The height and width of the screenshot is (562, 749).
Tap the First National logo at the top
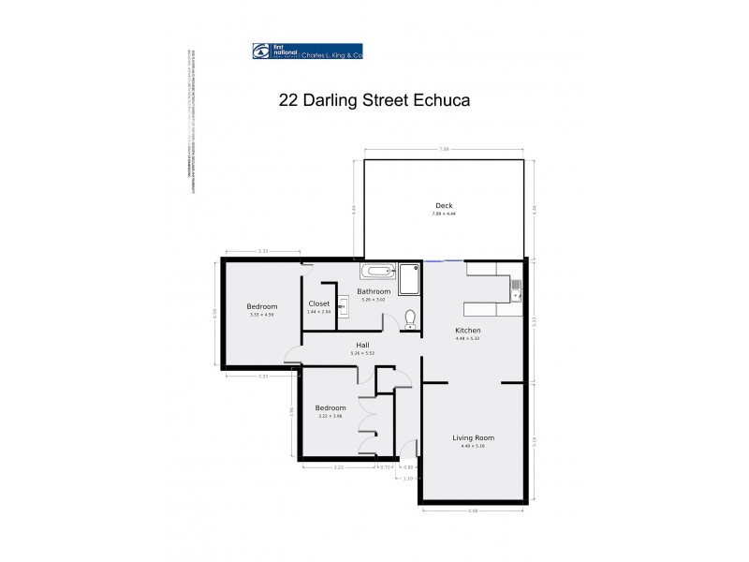307,52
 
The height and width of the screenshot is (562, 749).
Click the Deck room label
444,206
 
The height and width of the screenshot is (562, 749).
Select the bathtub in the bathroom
378,273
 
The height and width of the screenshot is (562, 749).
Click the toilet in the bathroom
409,318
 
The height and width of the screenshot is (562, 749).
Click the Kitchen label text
468,332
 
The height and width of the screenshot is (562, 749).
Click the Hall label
361,345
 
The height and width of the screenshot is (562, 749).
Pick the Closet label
318,303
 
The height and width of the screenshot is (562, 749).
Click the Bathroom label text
374,291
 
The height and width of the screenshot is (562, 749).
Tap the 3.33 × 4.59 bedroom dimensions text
262,316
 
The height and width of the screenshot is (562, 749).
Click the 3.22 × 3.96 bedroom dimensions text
330,417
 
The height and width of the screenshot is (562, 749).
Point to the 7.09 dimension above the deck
445,149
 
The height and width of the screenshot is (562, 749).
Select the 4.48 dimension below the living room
474,510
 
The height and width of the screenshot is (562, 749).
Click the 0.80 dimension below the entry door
408,466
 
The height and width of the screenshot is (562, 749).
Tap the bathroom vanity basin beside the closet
343,303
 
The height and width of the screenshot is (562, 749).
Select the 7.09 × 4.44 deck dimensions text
444,214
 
